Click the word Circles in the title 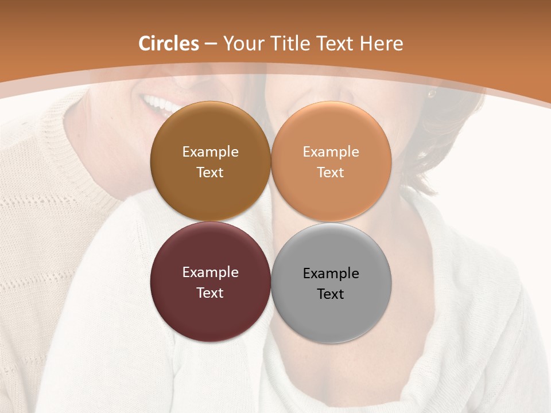pyautogui.click(x=169, y=44)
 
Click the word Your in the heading pyautogui.click(x=243, y=44)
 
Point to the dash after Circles pyautogui.click(x=211, y=44)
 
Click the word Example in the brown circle pyautogui.click(x=210, y=152)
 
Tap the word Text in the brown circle pyautogui.click(x=210, y=173)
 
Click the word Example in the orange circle pyautogui.click(x=331, y=152)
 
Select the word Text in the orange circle pyautogui.click(x=331, y=173)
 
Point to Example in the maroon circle pyautogui.click(x=210, y=272)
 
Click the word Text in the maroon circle pyautogui.click(x=210, y=293)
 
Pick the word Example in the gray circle pyautogui.click(x=331, y=274)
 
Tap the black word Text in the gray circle pyautogui.click(x=331, y=294)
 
